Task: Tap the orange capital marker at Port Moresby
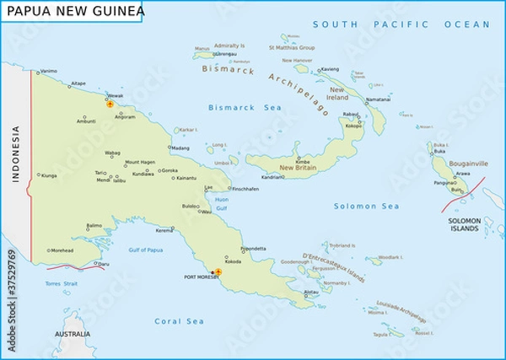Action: click(x=218, y=272)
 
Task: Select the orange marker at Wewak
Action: click(x=110, y=105)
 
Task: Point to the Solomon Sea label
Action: click(x=366, y=207)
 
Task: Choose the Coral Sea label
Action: click(x=180, y=321)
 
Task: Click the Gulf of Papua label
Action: click(x=146, y=250)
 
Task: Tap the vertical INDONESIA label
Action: click(x=14, y=154)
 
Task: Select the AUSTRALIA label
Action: click(x=73, y=335)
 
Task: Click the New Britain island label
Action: click(x=298, y=169)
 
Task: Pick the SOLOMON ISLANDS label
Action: click(x=464, y=224)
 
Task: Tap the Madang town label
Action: click(x=180, y=148)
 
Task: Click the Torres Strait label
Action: click(x=61, y=283)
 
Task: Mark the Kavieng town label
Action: click(x=331, y=68)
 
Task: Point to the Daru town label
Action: click(x=104, y=264)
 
